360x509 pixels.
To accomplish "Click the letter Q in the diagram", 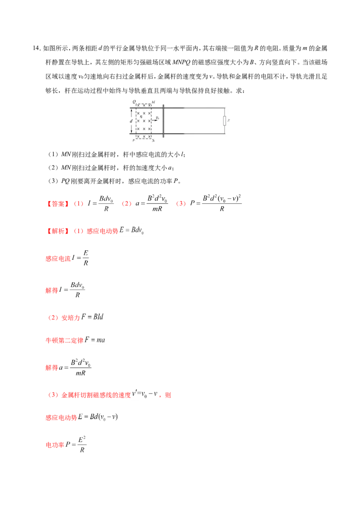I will (x=133, y=102).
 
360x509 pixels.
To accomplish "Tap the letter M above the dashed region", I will (x=153, y=102).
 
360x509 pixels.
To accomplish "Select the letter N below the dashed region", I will (x=153, y=141).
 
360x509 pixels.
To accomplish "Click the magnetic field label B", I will (x=141, y=116).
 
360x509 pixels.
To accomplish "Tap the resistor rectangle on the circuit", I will (x=224, y=121).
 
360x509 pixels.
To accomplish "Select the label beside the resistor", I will (x=229, y=121).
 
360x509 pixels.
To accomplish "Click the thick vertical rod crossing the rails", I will (x=163, y=121).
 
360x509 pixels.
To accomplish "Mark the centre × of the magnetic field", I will (x=144, y=121).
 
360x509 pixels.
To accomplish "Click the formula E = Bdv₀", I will (x=131, y=230).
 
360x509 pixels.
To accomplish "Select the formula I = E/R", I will (x=81, y=258).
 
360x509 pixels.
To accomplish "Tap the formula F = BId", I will (x=94, y=317).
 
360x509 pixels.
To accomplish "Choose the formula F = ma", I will (x=95, y=340).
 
